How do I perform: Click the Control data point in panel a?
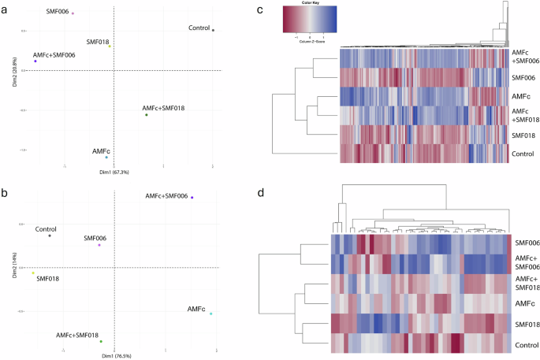[213, 30]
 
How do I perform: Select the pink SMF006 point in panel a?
[73, 13]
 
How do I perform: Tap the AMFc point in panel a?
[106, 158]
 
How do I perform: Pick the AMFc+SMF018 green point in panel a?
[146, 115]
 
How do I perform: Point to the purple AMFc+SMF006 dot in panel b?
[192, 198]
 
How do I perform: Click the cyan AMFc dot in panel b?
[210, 314]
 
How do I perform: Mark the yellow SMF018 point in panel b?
[33, 273]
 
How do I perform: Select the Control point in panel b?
[50, 236]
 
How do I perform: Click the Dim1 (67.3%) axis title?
[114, 171]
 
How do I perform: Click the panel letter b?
[6, 192]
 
